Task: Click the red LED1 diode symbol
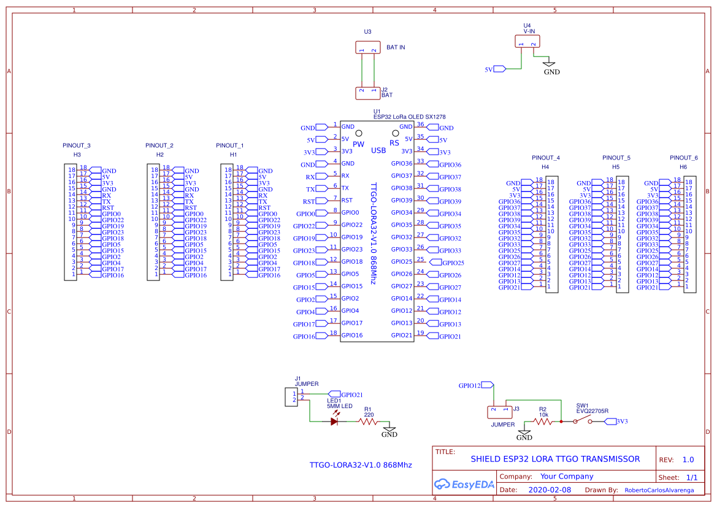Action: coord(335,421)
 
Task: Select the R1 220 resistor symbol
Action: coord(368,421)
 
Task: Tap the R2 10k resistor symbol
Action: coord(543,421)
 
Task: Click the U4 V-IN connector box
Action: coord(527,42)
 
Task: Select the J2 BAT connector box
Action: coord(368,93)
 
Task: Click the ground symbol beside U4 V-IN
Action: coord(550,63)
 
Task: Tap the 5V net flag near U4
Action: coord(499,69)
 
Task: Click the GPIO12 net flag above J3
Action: coord(488,385)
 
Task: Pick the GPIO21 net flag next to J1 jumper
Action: coord(334,394)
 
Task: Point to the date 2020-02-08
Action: coord(550,490)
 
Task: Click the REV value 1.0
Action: coord(688,460)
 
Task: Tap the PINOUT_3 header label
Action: coord(77,145)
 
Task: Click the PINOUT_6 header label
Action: coord(683,158)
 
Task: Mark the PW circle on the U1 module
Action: coord(359,133)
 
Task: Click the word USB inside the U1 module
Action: coord(378,150)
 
